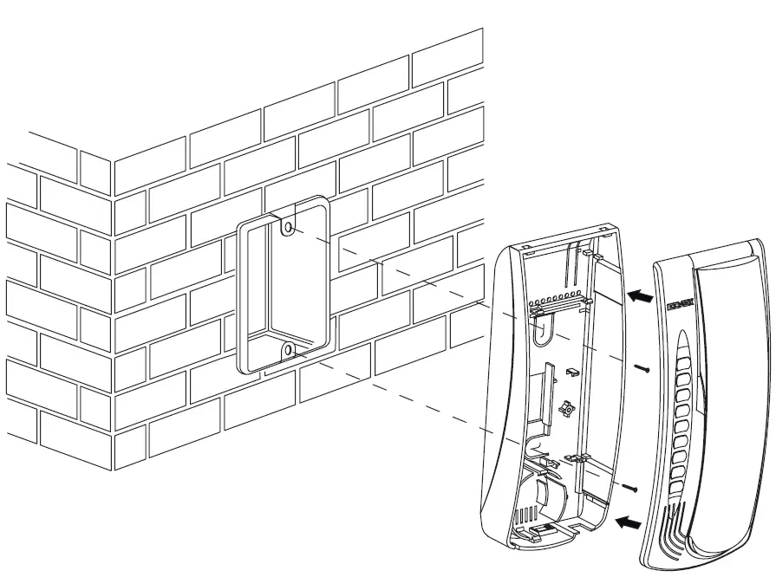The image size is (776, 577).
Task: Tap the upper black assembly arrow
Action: (639, 296)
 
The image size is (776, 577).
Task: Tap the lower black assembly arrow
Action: (628, 521)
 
